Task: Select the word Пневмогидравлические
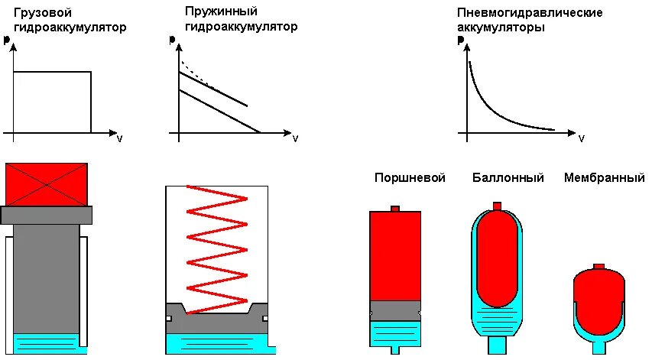(x=530, y=13)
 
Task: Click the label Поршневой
(x=410, y=178)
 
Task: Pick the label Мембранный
(x=604, y=178)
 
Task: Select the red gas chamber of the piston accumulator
(x=394, y=255)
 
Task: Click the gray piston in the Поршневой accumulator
(x=394, y=310)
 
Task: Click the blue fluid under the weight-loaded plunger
(x=47, y=343)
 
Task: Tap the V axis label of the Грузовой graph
(x=119, y=139)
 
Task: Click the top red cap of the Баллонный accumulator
(x=497, y=206)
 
